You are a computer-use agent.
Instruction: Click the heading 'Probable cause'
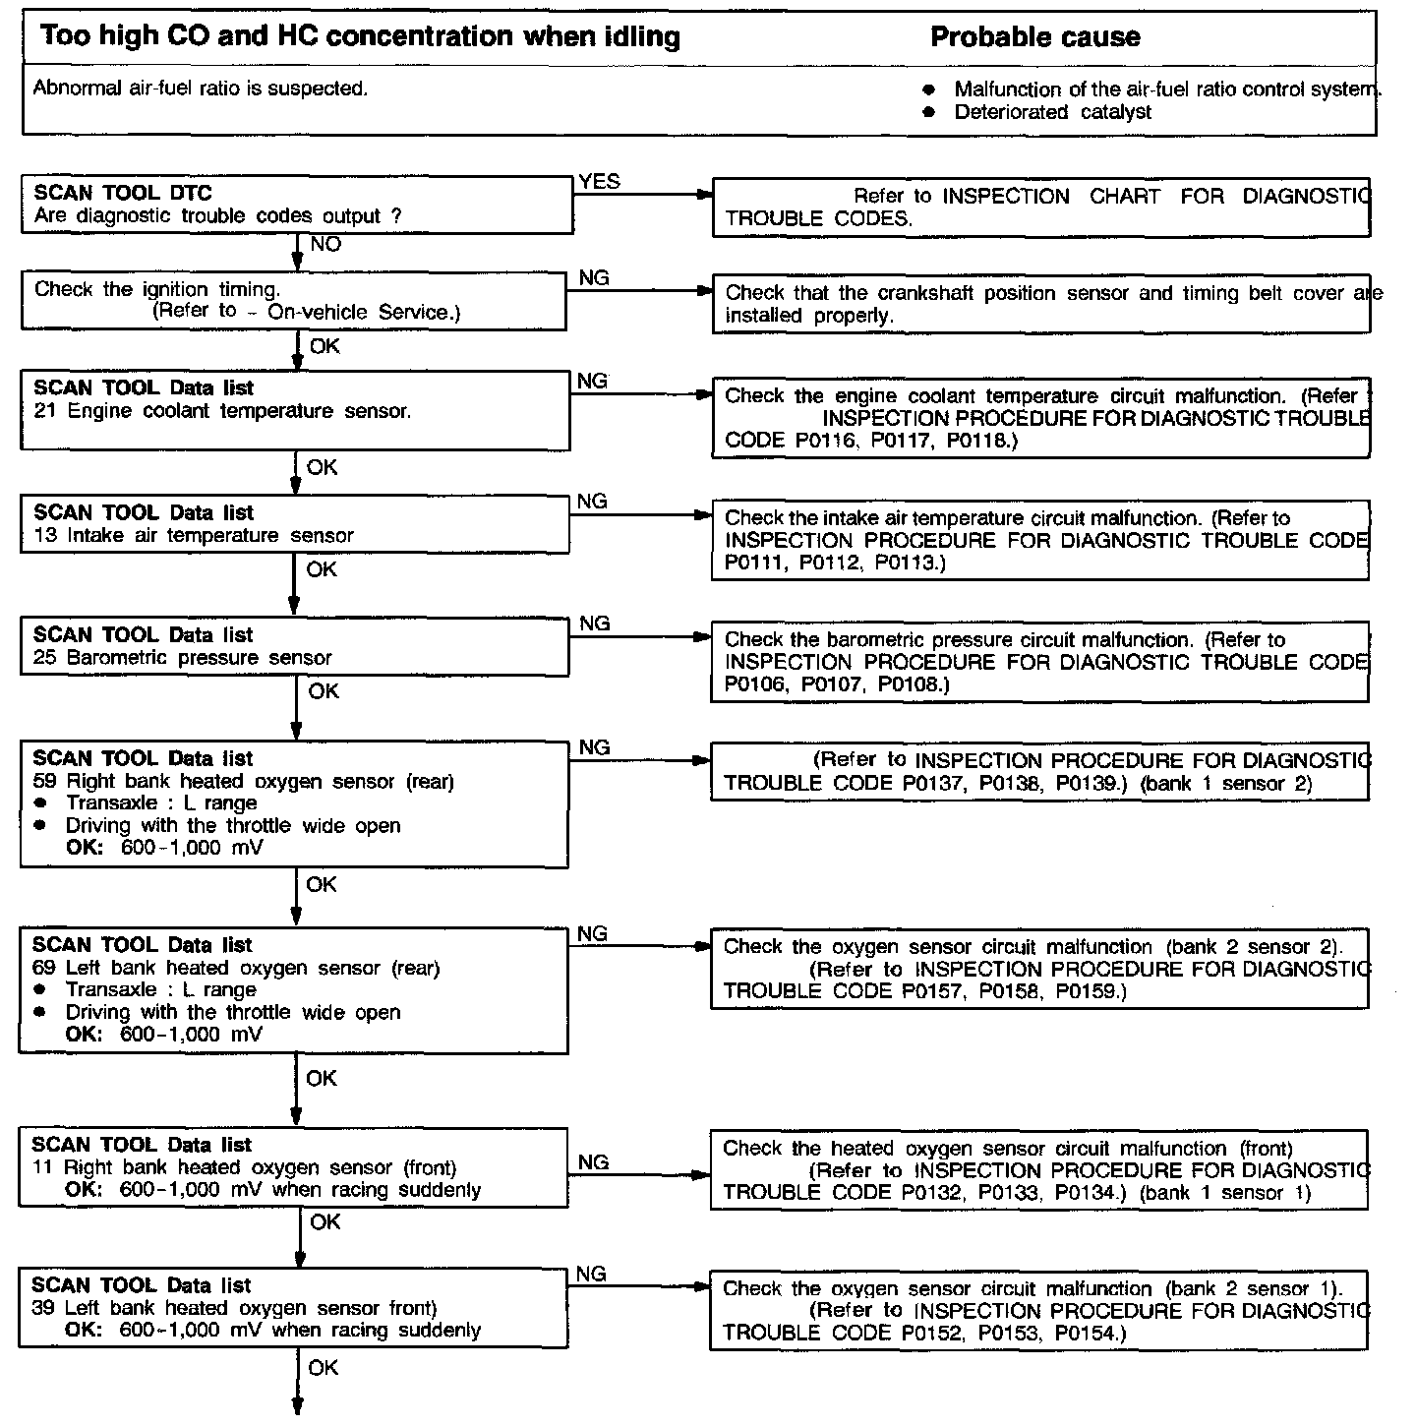pos(1034,37)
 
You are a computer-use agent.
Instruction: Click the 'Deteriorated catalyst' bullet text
pos(1052,112)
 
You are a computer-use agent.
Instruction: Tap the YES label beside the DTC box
pos(600,181)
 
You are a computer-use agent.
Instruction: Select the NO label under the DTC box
pos(325,244)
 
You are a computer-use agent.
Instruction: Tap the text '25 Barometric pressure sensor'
pos(182,658)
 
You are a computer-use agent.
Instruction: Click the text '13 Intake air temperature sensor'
pos(193,536)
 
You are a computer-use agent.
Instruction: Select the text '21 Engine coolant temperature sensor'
pos(221,411)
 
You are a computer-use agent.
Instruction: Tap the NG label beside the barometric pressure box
pos(595,624)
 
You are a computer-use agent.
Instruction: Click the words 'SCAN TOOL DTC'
pos(123,193)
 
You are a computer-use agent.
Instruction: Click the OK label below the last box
pos(324,1368)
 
